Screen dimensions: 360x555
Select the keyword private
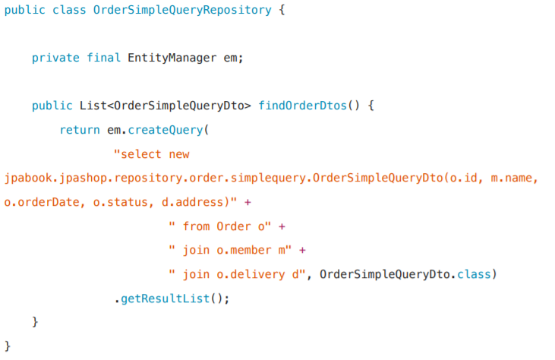tap(55, 58)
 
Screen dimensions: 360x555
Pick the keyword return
tap(80, 130)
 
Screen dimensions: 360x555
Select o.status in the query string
tap(107, 202)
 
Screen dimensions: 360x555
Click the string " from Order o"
tap(220, 226)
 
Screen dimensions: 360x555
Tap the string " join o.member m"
tap(231, 250)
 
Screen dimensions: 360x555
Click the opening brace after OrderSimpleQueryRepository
tap(282, 11)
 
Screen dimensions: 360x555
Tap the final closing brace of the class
tap(8, 346)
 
